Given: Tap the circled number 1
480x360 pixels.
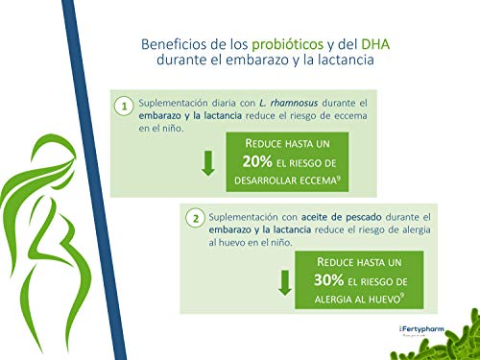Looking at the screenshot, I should coord(124,107).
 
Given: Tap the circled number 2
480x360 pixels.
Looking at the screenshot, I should coord(196,219).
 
